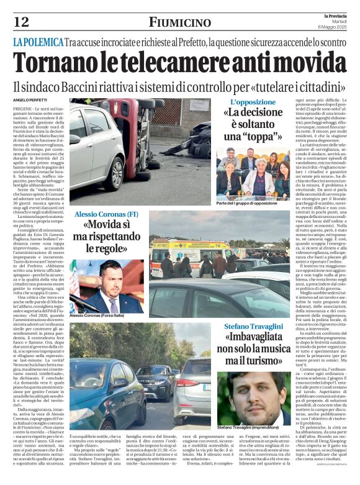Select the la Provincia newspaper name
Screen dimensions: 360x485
point(333,16)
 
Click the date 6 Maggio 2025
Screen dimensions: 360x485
point(333,27)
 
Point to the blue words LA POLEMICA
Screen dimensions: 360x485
point(38,42)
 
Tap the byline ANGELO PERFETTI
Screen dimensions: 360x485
point(33,100)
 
